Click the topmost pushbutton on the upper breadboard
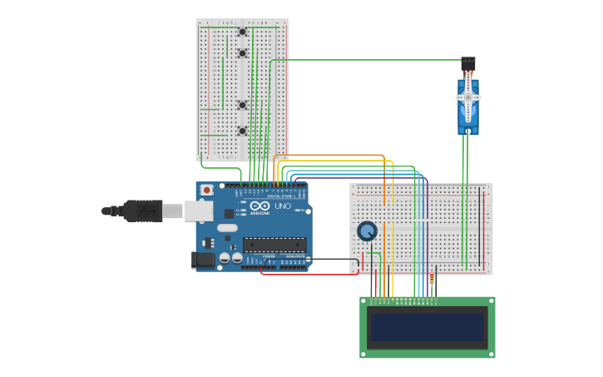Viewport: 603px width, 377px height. click(x=242, y=32)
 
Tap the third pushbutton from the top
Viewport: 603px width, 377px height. click(x=242, y=105)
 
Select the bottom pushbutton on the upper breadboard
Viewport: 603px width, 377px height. click(x=242, y=131)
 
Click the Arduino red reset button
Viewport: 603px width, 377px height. click(x=206, y=191)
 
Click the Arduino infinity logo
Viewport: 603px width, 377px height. click(x=259, y=206)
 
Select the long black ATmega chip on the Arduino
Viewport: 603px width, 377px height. click(x=274, y=245)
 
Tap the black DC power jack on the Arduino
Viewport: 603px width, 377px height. click(x=203, y=260)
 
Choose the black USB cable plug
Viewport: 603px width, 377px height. click(x=141, y=211)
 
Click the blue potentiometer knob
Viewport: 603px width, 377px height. click(x=367, y=231)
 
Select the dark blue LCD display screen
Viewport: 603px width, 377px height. click(x=427, y=328)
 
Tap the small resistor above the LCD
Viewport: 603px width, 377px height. click(x=432, y=279)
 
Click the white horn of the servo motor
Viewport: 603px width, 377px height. click(x=467, y=97)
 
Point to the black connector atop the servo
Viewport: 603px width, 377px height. click(x=468, y=62)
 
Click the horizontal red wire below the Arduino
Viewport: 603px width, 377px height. click(x=308, y=274)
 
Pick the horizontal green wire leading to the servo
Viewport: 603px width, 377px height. click(x=366, y=60)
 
